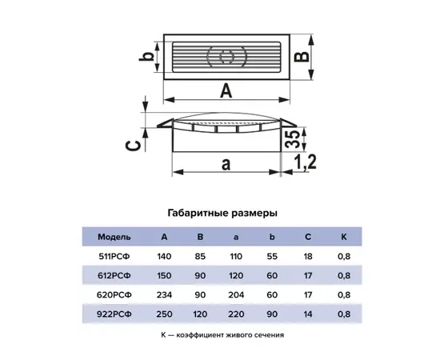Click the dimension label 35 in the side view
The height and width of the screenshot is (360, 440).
point(291,138)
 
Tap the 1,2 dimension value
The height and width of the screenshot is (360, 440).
point(304,162)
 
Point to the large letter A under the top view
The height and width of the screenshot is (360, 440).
point(226,90)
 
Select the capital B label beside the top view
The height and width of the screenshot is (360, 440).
point(302,56)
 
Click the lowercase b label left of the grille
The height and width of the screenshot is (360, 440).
point(146,56)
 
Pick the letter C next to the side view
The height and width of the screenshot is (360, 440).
point(133,146)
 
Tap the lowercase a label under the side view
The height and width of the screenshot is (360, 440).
point(226,164)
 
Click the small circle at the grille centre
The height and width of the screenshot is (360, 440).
point(226,57)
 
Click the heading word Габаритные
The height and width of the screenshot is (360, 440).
point(198,214)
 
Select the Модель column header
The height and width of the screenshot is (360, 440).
point(114,237)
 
